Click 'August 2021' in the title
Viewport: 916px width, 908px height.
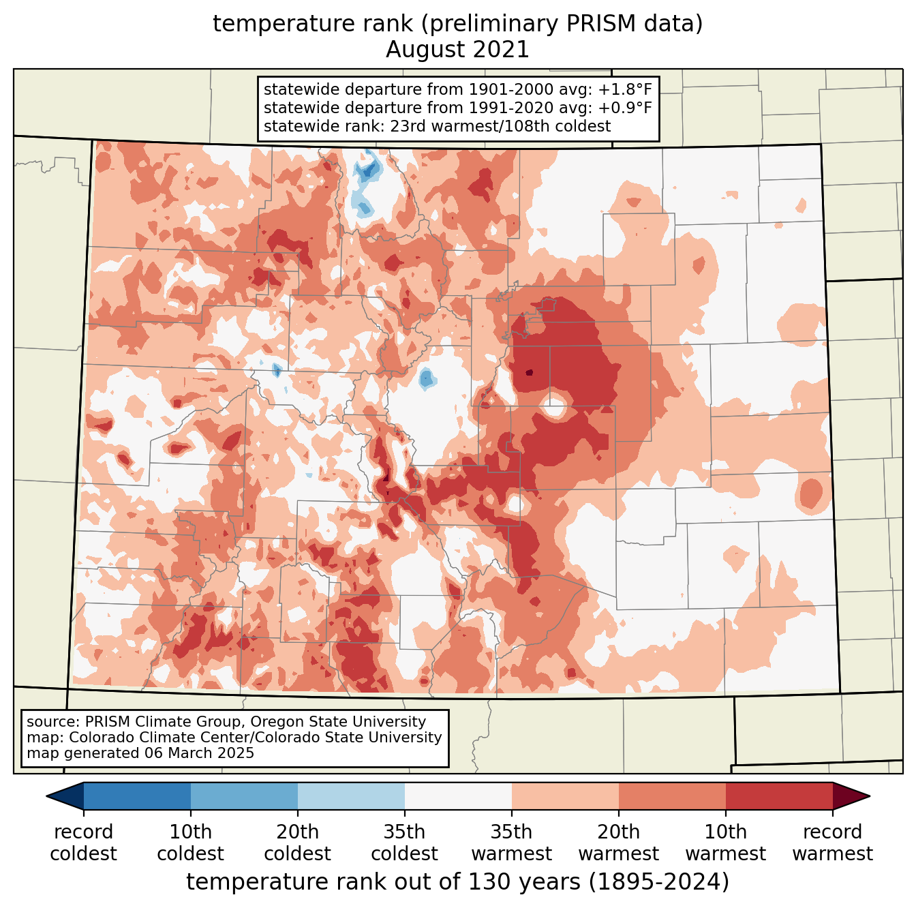tap(457, 50)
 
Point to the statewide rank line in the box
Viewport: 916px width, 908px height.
tap(437, 126)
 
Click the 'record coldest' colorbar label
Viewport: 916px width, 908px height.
tap(83, 843)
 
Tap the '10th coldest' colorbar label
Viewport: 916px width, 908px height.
tap(190, 843)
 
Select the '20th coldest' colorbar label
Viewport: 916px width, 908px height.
tap(297, 843)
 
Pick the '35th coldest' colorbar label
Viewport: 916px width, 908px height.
tap(404, 843)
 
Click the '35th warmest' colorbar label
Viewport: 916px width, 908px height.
tap(511, 843)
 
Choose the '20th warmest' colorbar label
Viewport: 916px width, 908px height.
tap(618, 843)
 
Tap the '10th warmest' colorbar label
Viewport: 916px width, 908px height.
tap(725, 843)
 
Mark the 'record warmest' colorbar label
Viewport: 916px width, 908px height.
tap(832, 843)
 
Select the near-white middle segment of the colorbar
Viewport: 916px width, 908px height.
tap(458, 796)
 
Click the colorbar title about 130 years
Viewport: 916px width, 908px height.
tap(457, 882)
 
